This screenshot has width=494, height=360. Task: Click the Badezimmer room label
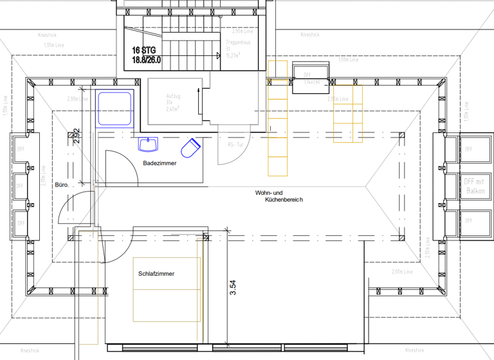(160, 163)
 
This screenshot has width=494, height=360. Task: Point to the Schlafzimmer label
(156, 274)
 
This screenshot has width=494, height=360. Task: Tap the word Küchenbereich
(284, 200)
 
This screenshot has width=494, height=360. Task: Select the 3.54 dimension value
(233, 286)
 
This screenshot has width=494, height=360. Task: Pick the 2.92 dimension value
(76, 138)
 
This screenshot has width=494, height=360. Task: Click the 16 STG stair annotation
(144, 50)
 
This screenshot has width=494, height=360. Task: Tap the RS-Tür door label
(236, 145)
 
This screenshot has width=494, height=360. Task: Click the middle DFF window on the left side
(19, 186)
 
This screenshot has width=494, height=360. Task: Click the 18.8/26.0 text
(147, 60)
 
